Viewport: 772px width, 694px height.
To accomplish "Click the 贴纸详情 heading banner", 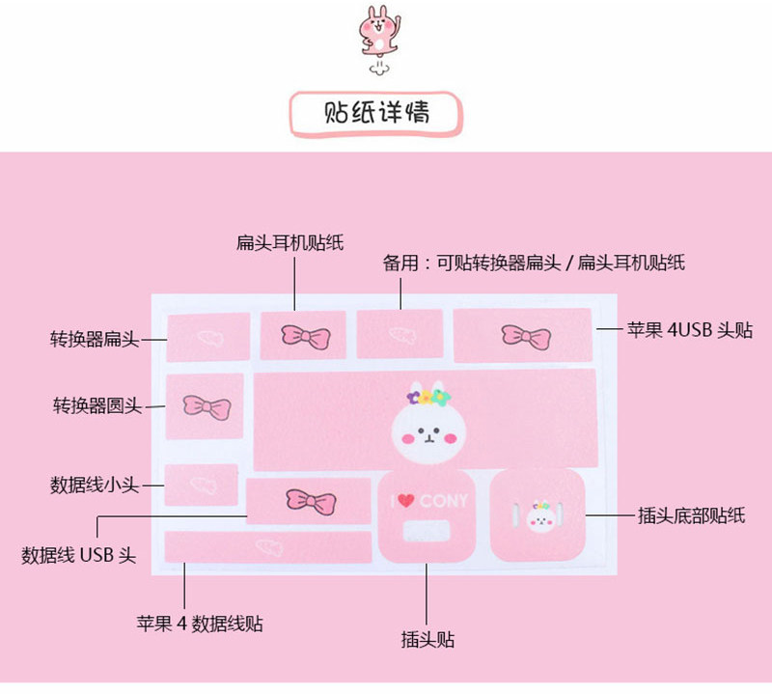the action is coord(376,113).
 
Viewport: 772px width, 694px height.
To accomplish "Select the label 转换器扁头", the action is coord(96,339).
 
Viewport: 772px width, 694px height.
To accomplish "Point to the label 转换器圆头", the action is coord(96,405).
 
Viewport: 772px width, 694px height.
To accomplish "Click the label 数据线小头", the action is coord(96,484).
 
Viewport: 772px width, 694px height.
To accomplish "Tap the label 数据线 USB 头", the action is coord(79,555).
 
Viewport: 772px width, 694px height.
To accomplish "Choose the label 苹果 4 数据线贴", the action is coord(200,623).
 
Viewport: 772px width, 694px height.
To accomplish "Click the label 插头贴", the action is coord(427,639).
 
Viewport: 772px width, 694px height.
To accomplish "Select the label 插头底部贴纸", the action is coord(692,515).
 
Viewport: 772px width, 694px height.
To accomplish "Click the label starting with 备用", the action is coord(534,262).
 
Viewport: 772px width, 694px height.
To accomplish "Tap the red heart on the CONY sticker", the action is coord(406,501).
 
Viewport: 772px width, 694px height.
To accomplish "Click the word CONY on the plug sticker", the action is coord(443,501).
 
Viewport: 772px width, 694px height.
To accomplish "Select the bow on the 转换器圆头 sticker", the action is coord(206,406).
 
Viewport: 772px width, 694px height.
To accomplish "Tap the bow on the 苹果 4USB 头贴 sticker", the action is coord(526,336).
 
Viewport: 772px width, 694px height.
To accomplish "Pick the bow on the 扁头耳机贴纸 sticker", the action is coord(305,336).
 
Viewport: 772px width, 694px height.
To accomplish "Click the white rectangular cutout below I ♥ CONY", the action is coord(427,531).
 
